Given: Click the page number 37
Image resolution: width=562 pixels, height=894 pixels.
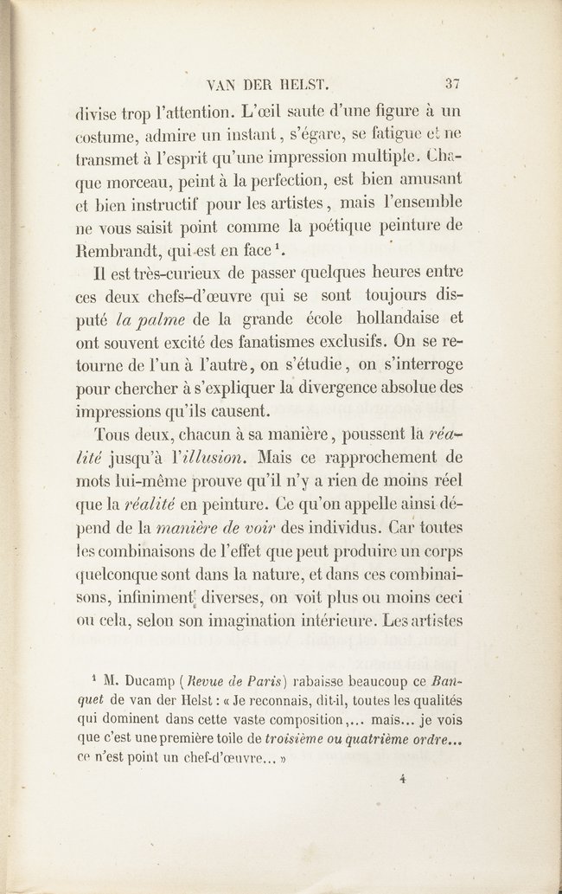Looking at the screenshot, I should click(453, 84).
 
